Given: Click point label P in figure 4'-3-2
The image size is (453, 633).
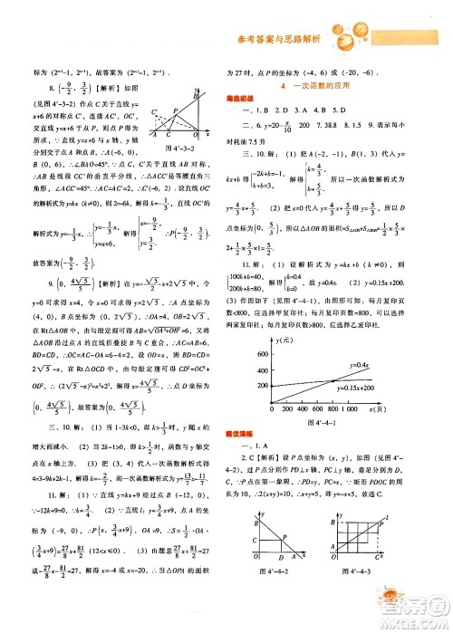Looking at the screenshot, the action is (x=195, y=92).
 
